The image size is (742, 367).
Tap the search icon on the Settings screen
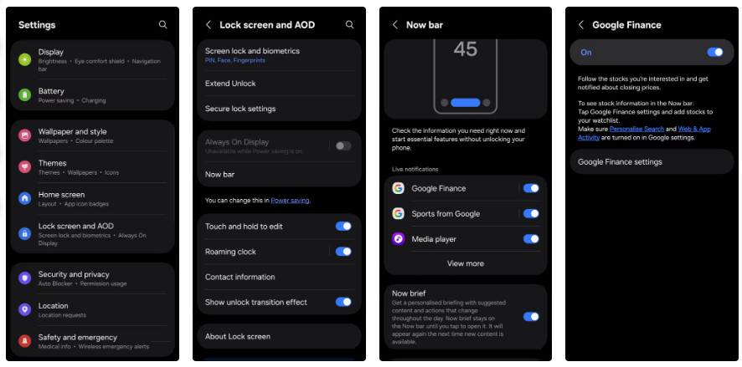162,25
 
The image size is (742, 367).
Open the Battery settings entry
92,94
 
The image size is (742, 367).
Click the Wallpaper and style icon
25,135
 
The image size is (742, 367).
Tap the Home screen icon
25,198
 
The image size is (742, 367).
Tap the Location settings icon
25,308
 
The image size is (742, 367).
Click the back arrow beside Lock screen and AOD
209,25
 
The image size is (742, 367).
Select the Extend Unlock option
231,84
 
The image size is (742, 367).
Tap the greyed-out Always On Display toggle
343,145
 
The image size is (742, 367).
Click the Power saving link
290,201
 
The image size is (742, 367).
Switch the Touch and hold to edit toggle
343,226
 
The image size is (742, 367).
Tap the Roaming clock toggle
343,252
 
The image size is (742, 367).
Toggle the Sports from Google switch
530,213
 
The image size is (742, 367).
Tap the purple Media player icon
399,239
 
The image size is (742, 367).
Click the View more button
466,263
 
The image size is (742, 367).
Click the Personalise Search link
636,129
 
